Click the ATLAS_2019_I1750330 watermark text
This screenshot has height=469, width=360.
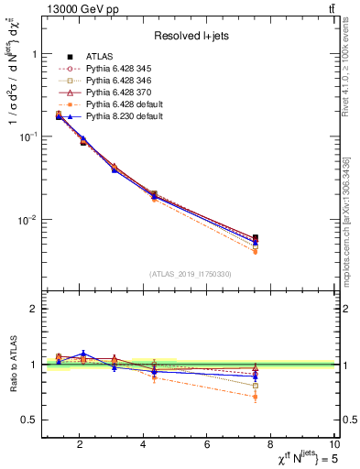191,274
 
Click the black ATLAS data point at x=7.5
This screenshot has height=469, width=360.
256,238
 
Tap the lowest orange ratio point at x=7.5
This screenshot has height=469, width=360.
256,397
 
